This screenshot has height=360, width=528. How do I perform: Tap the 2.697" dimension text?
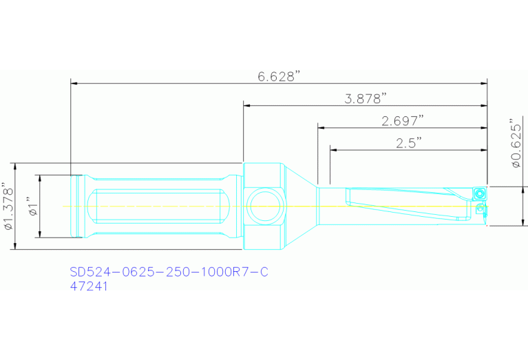[x=402, y=121]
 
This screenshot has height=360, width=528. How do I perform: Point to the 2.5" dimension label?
[x=409, y=142]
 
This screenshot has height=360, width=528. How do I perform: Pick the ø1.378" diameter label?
[x=8, y=207]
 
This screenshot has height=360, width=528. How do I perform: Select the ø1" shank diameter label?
[x=30, y=207]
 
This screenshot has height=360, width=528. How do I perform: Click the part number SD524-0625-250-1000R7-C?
[x=169, y=272]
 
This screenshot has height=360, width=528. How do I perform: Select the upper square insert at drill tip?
[x=478, y=194]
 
